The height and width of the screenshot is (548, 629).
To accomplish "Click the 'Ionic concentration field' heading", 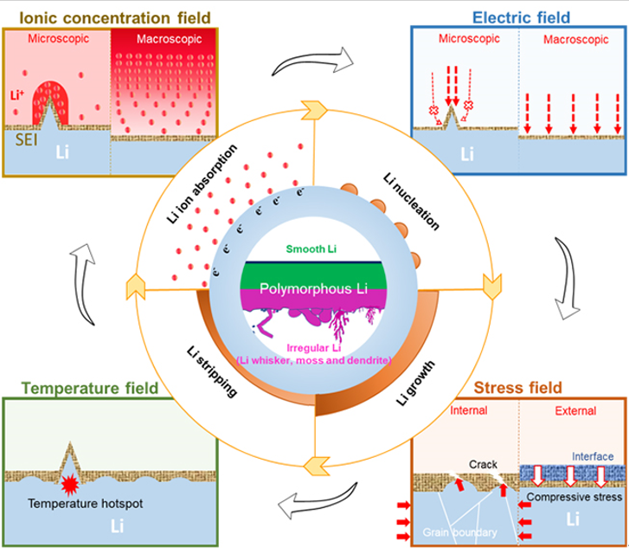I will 94,16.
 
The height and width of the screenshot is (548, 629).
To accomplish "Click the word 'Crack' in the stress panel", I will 482,463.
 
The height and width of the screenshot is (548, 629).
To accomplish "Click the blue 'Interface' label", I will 595,455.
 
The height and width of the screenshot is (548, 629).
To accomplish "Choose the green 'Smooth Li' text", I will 314,248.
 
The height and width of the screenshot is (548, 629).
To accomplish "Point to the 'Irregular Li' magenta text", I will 314,347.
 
